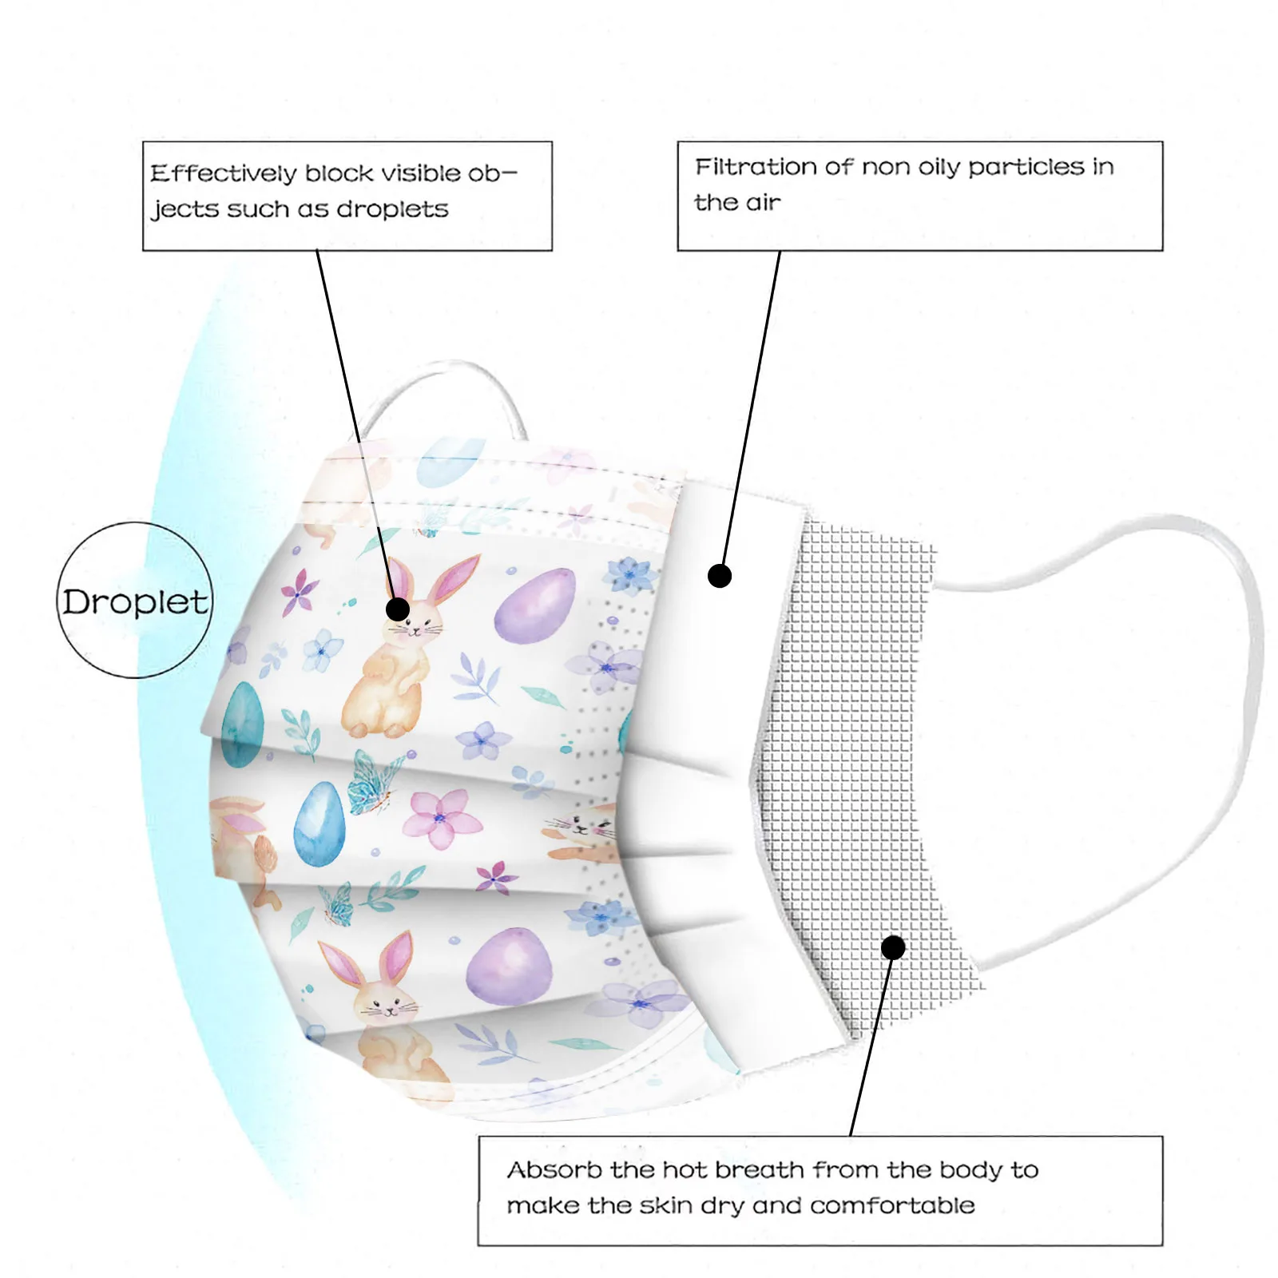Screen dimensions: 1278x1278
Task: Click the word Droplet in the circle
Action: (x=135, y=602)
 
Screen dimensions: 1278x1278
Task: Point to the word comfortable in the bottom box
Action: (x=892, y=1205)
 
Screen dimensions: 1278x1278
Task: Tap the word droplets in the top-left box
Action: (x=392, y=209)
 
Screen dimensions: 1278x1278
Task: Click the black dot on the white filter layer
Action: (x=720, y=575)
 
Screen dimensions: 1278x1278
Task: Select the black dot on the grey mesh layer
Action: (x=893, y=947)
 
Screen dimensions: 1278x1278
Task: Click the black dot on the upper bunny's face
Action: (x=398, y=609)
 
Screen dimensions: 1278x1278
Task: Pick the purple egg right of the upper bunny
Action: (x=534, y=605)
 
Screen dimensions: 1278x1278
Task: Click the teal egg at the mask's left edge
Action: (x=242, y=723)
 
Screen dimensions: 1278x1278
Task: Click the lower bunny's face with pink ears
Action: (x=384, y=1001)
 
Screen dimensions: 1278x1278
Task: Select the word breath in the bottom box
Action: (x=759, y=1170)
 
